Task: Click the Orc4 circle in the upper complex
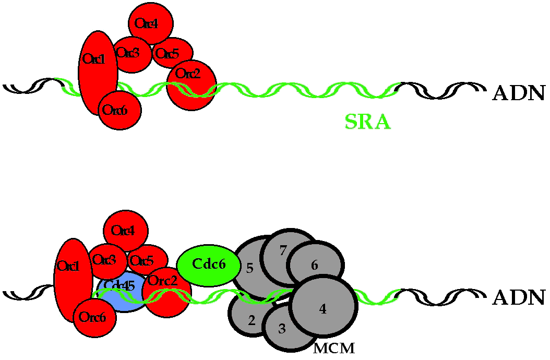pyautogui.click(x=151, y=23)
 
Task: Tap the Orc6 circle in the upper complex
pyautogui.click(x=119, y=110)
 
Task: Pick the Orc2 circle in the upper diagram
pyautogui.click(x=192, y=78)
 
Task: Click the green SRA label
pyautogui.click(x=367, y=122)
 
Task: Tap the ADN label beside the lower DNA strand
pyautogui.click(x=518, y=297)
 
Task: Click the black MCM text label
pyautogui.click(x=334, y=349)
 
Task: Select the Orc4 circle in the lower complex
pyautogui.click(x=126, y=230)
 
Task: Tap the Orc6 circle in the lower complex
pyautogui.click(x=94, y=317)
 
